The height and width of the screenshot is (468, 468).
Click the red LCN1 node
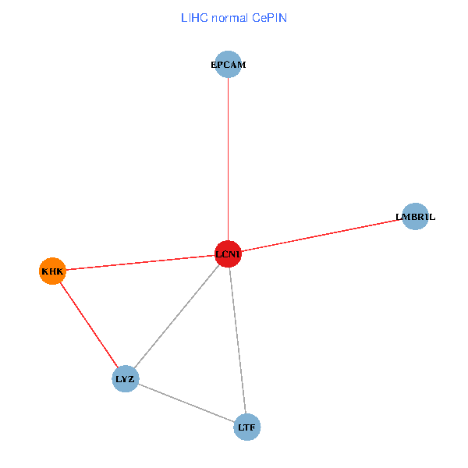(228, 254)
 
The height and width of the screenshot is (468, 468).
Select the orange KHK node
(52, 271)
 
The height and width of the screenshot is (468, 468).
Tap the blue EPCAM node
(228, 65)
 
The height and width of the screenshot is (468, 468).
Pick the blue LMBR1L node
(416, 217)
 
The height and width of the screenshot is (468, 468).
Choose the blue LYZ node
(126, 379)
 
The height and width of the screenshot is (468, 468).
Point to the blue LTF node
(246, 427)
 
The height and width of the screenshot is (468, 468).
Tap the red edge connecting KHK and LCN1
(140, 263)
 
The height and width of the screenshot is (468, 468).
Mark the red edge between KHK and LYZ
(89, 325)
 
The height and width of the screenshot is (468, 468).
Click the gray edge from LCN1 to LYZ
(176, 317)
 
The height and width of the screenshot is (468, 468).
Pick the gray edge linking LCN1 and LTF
(237, 341)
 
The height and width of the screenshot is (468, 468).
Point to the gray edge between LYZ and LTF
(186, 403)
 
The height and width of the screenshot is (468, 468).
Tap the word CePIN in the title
(270, 17)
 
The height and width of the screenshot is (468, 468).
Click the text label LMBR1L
(416, 217)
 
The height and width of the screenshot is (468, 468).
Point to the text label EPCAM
(228, 65)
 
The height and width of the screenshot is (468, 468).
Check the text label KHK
(52, 271)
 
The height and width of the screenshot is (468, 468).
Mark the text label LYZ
(126, 379)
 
